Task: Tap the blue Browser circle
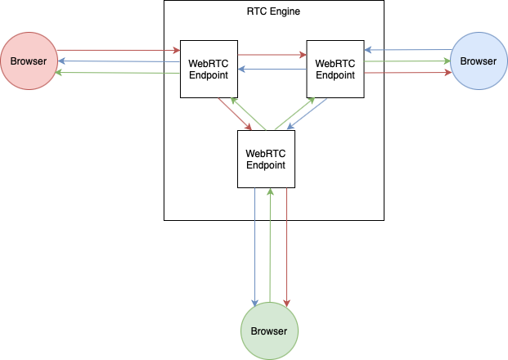(x=479, y=61)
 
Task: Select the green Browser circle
(x=269, y=331)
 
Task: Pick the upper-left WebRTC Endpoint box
(x=209, y=69)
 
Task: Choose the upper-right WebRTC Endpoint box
(x=335, y=69)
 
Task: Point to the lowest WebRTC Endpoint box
(x=266, y=159)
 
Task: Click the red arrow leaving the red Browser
(x=119, y=52)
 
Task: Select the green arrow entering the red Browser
(x=119, y=74)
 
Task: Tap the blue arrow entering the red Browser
(x=119, y=62)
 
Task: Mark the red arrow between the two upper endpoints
(x=272, y=56)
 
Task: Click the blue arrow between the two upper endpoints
(x=272, y=70)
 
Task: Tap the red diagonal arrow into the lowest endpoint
(x=235, y=114)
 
